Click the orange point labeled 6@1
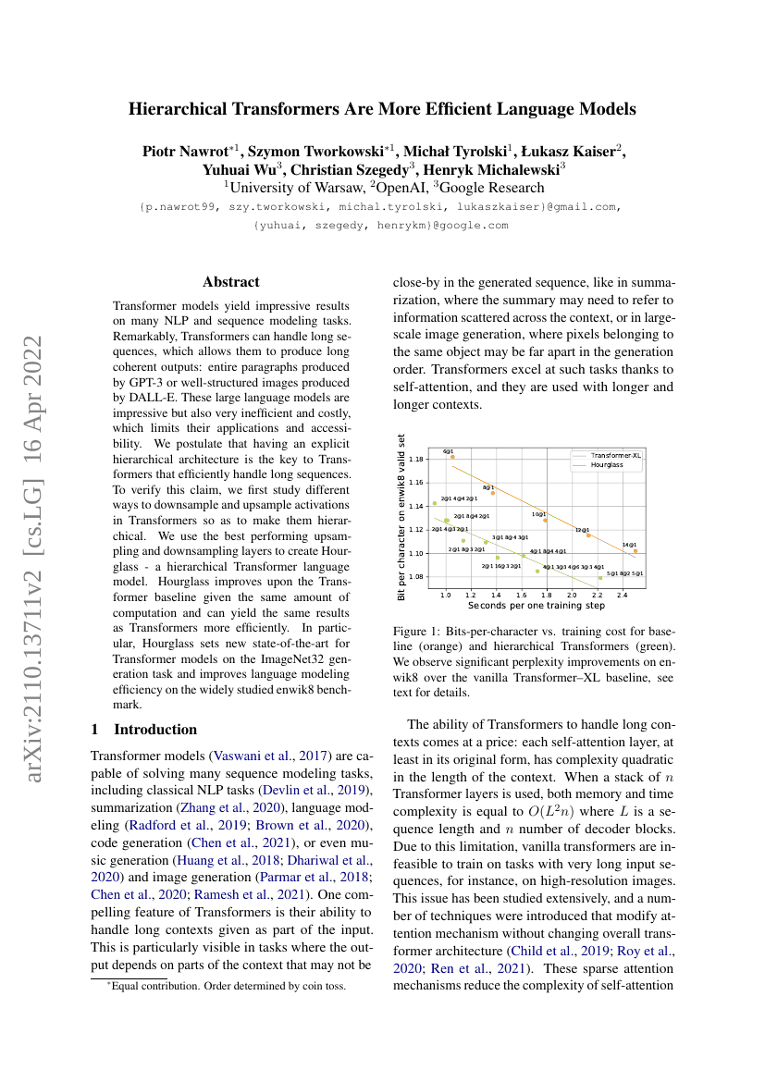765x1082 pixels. click(x=452, y=457)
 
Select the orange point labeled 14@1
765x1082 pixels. click(x=635, y=550)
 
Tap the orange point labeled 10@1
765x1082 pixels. click(x=545, y=520)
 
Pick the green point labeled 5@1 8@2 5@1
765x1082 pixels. click(x=599, y=578)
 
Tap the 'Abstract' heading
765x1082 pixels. click(x=231, y=282)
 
